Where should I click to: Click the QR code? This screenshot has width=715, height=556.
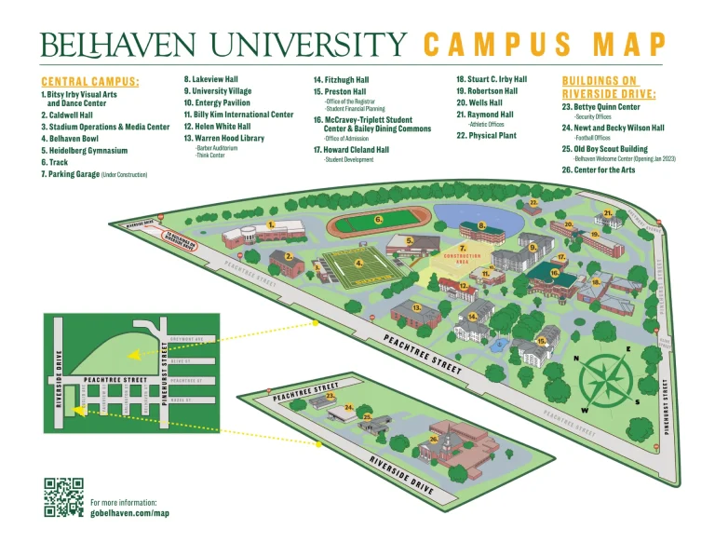[x=63, y=496]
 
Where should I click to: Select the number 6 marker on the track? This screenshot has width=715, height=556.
[x=378, y=220]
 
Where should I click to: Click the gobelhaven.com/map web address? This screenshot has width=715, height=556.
[x=129, y=512]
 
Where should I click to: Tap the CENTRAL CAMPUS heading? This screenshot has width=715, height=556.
[x=90, y=82]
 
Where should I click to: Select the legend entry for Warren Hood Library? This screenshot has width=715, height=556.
[x=223, y=138]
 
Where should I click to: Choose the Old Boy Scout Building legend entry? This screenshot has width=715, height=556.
[x=617, y=149]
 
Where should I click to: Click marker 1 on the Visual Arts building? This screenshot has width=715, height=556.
[x=270, y=224]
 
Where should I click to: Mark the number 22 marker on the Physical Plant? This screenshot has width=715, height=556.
[x=533, y=201]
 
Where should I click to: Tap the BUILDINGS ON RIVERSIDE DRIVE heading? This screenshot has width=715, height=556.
[x=609, y=88]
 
